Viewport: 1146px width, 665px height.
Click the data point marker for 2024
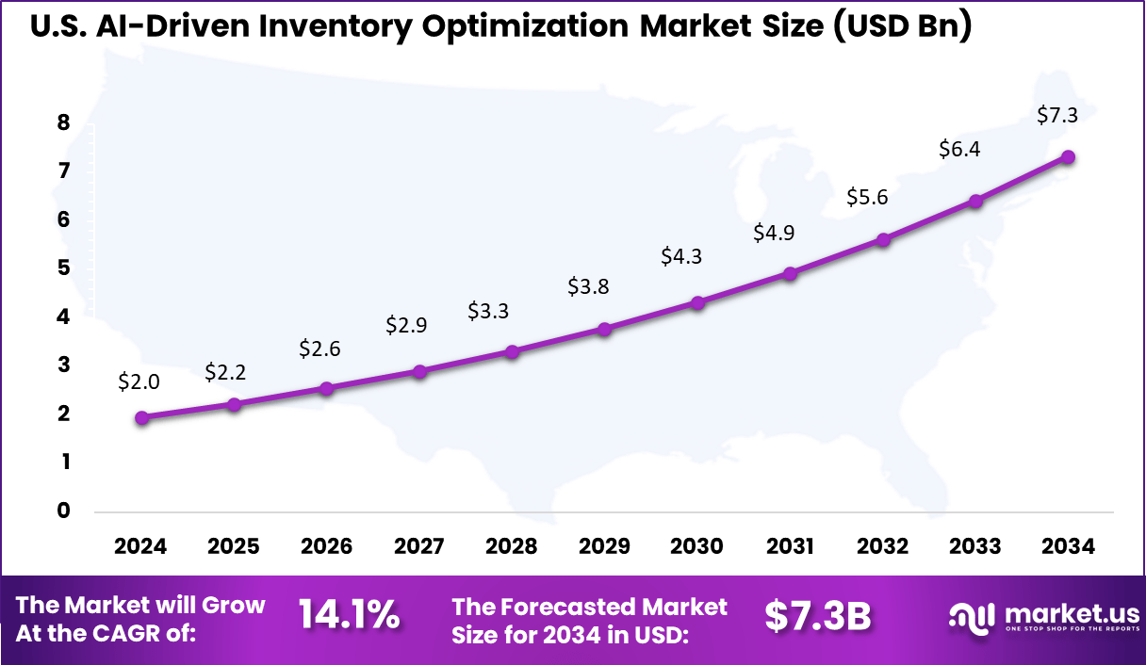141,418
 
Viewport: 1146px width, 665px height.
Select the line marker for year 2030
697,303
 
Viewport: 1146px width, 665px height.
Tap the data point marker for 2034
1068,157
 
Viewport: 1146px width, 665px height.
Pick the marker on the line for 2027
419,371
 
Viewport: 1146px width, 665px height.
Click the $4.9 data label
774,233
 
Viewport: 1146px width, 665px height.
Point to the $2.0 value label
139,381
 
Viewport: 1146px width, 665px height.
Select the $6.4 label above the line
959,149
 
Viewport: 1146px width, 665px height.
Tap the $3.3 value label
489,311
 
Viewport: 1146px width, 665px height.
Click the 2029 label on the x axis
604,547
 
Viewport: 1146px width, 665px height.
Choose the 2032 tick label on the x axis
883,547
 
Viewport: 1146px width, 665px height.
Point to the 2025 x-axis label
234,547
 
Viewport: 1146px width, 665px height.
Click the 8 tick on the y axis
63,122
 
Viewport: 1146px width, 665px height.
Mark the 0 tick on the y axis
63,511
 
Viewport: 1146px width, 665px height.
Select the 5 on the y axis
63,268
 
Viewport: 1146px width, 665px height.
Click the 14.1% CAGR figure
350,616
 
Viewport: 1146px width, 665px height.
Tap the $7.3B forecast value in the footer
817,616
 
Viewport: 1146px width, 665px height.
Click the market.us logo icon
971,617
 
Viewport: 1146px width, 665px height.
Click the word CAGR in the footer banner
158,634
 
